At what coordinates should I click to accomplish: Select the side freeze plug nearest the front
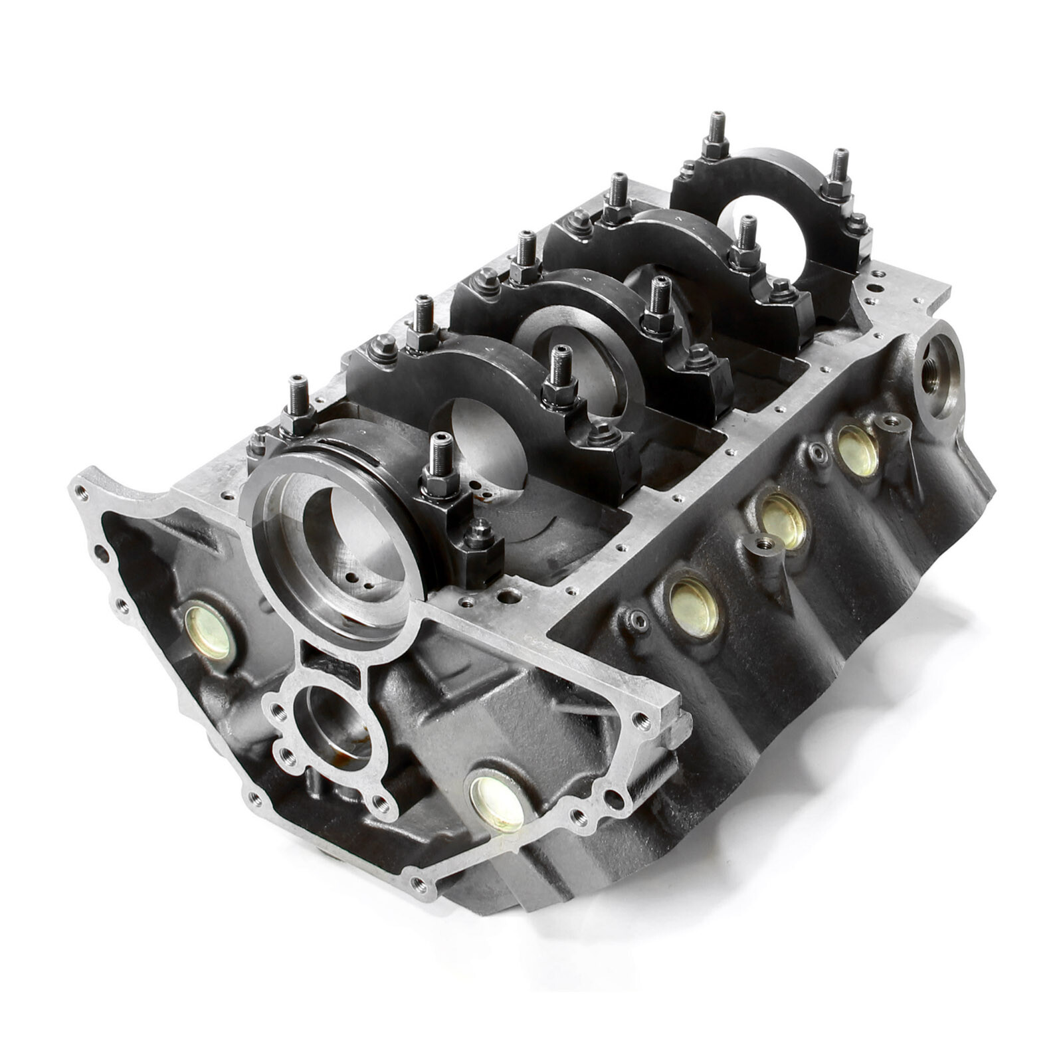coord(693,606)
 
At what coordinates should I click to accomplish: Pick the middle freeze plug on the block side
coord(782,520)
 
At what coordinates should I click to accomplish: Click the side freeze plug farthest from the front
coord(857,450)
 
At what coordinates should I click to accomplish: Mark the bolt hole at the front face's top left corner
coord(81,492)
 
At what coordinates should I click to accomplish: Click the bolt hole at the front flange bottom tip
coord(420,883)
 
